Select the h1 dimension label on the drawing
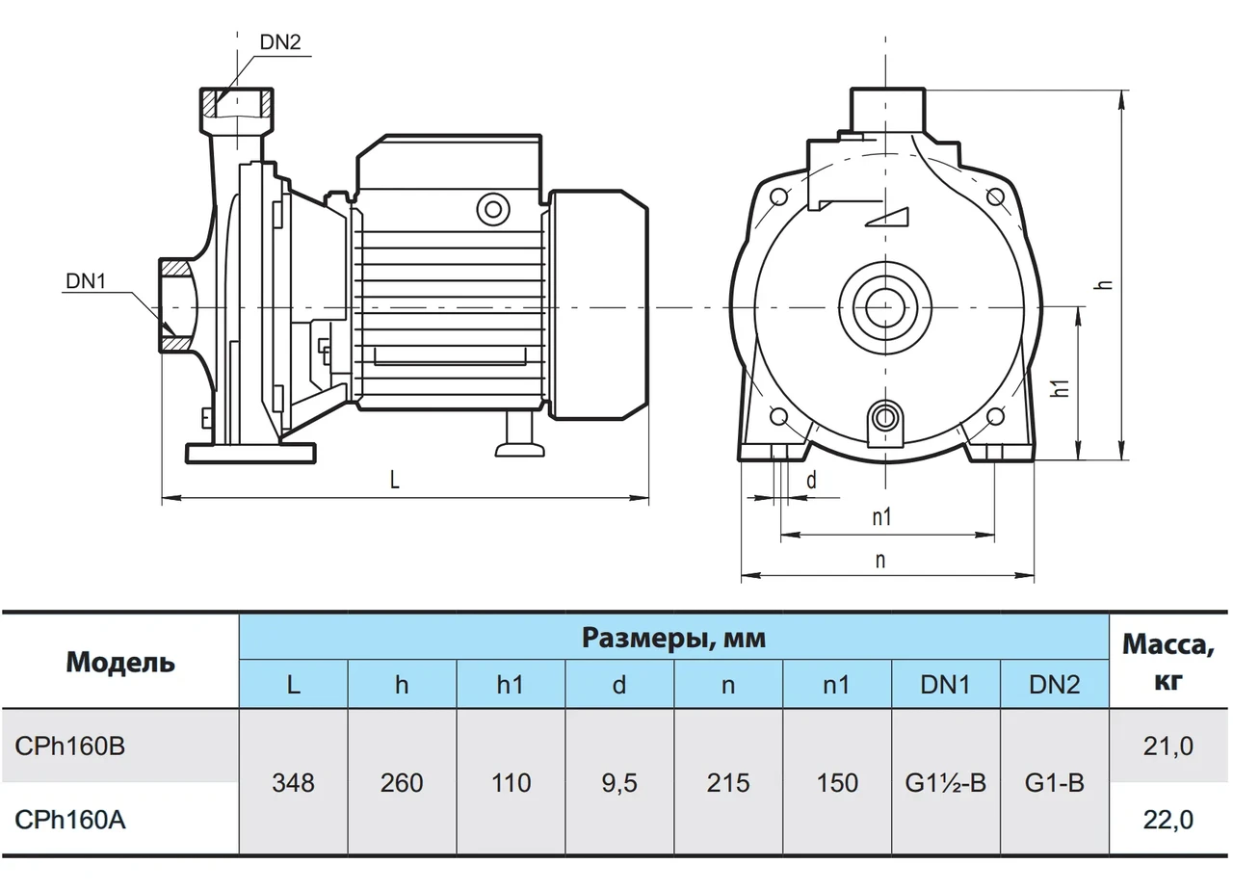click(x=1061, y=387)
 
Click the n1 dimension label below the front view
click(x=881, y=517)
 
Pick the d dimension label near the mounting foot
click(x=811, y=481)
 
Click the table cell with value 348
click(x=293, y=782)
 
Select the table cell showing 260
click(x=402, y=782)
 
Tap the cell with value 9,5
click(x=619, y=782)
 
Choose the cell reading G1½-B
click(x=946, y=782)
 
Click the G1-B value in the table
click(x=1055, y=782)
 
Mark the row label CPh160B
click(x=70, y=746)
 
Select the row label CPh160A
click(x=70, y=820)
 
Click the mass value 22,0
click(x=1168, y=820)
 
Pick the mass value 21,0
click(x=1168, y=746)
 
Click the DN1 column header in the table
click(x=946, y=685)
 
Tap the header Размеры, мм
click(x=673, y=637)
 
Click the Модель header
click(x=120, y=662)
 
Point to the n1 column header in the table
click(x=837, y=685)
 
